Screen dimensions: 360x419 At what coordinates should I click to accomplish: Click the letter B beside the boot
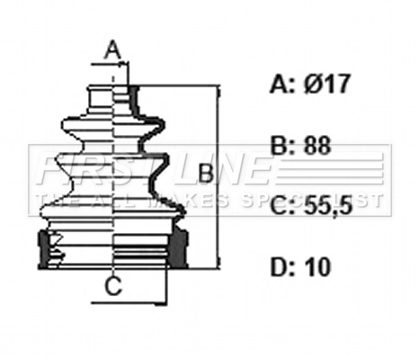tap(205, 174)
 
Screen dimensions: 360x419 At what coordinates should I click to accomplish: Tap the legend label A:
tap(280, 85)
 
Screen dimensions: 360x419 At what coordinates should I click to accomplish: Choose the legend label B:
tap(280, 146)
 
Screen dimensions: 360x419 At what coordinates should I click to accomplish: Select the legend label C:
tap(281, 206)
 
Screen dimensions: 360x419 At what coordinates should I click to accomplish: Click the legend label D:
tap(281, 266)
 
